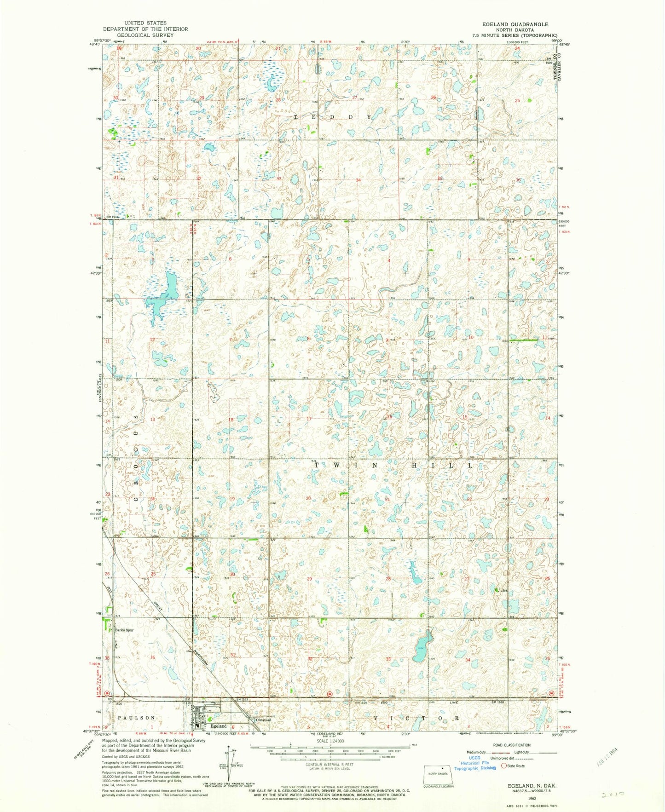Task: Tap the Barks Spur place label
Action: pyautogui.click(x=124, y=630)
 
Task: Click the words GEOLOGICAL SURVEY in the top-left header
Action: pyautogui.click(x=145, y=35)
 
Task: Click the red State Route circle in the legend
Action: pyautogui.click(x=504, y=766)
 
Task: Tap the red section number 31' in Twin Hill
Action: pyautogui.click(x=233, y=654)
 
